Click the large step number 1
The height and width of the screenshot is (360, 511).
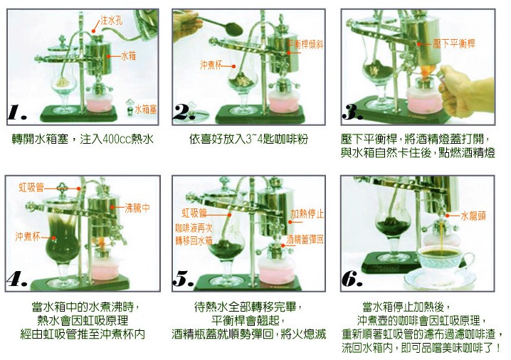[x=17, y=113]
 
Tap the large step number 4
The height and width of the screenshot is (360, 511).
[x=16, y=279]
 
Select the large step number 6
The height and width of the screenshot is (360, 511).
[x=352, y=279]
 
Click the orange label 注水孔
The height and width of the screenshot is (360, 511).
[x=112, y=20]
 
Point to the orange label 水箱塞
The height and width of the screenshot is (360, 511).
[x=146, y=110]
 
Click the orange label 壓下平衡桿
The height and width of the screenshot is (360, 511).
[x=454, y=43]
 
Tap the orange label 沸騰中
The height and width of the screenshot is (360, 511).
[x=137, y=208]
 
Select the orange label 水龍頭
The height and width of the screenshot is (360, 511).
[x=473, y=216]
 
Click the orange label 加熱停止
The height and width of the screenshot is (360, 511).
[x=307, y=214]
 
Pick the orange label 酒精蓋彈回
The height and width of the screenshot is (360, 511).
[x=305, y=240]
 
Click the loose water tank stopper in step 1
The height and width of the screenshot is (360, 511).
[x=130, y=107]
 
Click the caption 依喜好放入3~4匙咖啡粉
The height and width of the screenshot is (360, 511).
[x=248, y=139]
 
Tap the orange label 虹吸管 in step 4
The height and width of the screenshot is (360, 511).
[x=31, y=188]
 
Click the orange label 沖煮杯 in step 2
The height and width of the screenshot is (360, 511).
[x=211, y=65]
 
